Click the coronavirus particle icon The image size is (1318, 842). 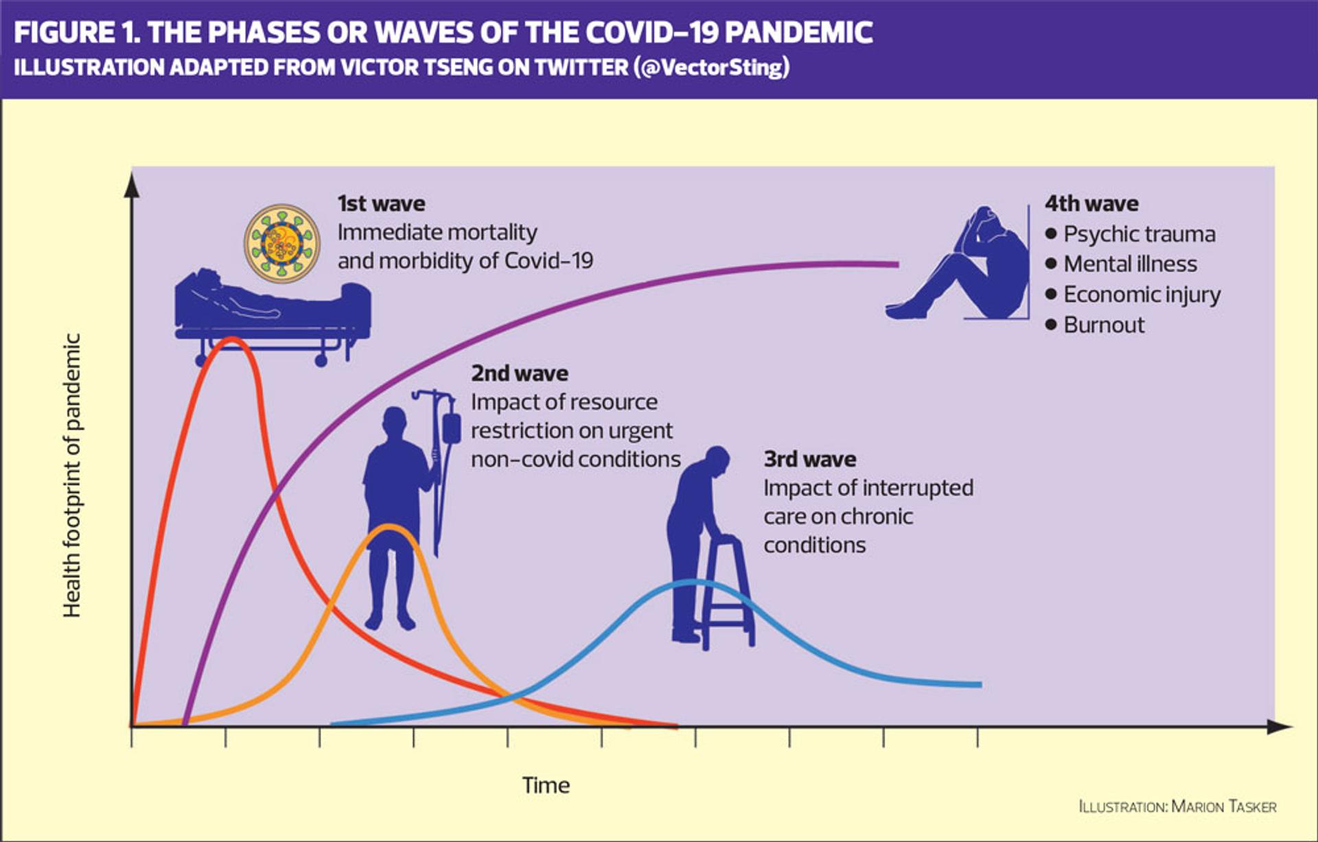tap(282, 243)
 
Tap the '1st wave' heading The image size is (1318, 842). tap(381, 204)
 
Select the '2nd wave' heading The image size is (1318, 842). tap(520, 373)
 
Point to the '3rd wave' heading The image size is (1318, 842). tap(810, 459)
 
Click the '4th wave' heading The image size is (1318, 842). tap(1091, 204)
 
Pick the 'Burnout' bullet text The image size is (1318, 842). tap(1104, 325)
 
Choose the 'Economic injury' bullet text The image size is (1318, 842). tap(1142, 295)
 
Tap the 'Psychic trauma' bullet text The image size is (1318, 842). tap(1140, 235)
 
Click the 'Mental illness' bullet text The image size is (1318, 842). tap(1131, 264)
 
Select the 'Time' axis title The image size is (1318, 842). tap(546, 785)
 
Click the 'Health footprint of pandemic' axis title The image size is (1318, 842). tap(72, 476)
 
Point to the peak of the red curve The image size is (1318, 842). tap(232, 339)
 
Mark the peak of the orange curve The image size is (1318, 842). tap(389, 527)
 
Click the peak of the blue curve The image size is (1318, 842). tap(693, 583)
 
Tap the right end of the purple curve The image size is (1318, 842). tap(897, 264)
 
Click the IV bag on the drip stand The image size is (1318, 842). tap(451, 428)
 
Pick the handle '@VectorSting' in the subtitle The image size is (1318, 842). tap(712, 67)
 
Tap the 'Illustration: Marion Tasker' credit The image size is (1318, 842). tap(1177, 807)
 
